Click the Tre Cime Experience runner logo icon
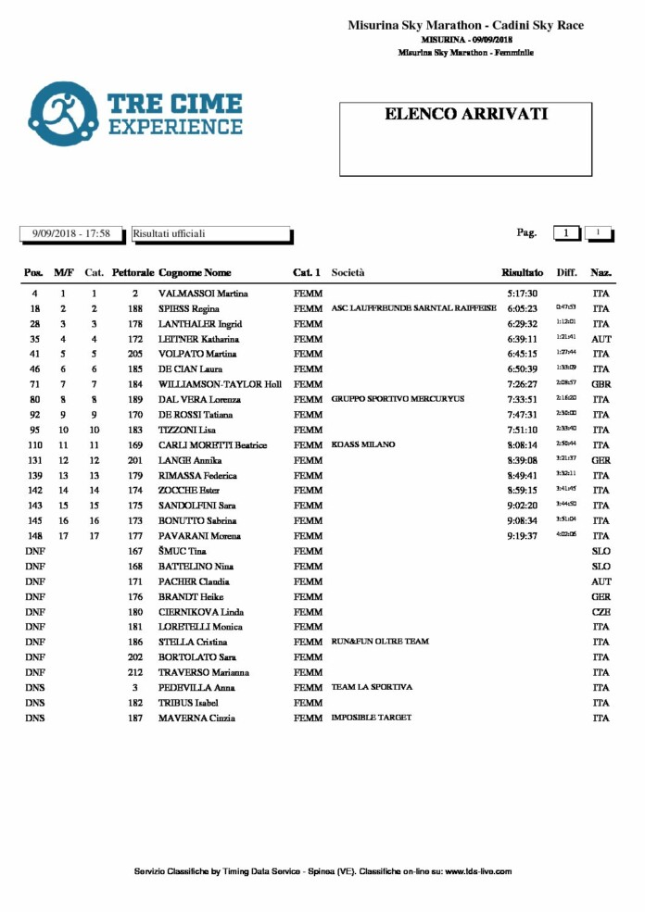click(63, 114)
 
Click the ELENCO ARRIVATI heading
click(466, 115)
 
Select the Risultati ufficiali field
click(212, 234)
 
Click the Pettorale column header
click(133, 273)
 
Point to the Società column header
click(348, 273)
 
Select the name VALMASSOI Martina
click(200, 294)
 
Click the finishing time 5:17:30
click(523, 294)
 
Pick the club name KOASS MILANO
click(362, 445)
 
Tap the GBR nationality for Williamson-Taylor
click(601, 384)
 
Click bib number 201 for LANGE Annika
click(135, 460)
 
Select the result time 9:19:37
click(523, 536)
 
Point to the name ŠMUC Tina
click(183, 551)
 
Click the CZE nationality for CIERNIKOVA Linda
click(601, 612)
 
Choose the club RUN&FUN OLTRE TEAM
click(380, 642)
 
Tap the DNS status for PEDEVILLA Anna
click(34, 688)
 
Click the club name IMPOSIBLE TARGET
click(372, 718)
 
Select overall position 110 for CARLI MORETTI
click(34, 445)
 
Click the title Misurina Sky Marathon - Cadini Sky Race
click(465, 26)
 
